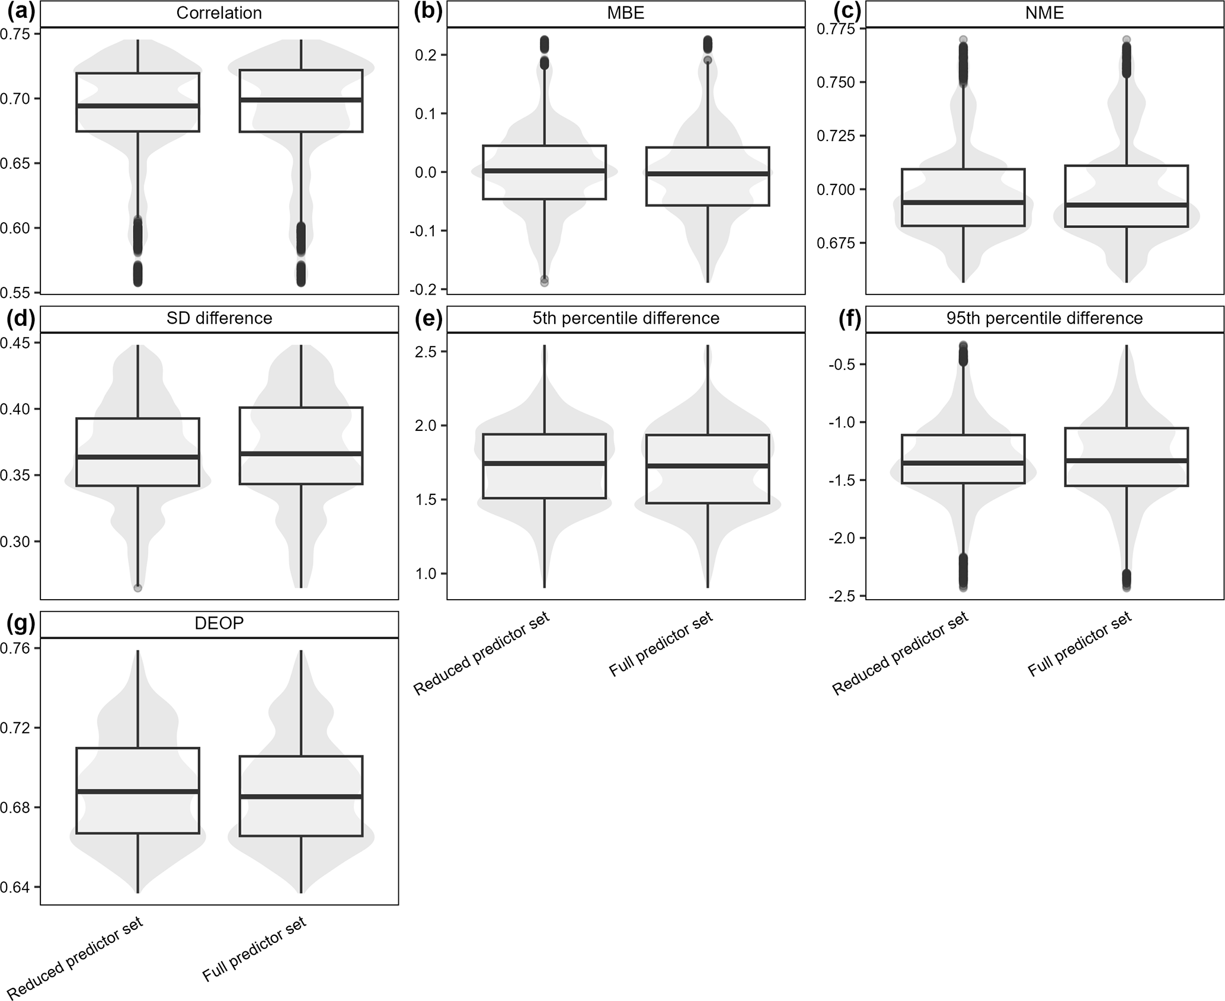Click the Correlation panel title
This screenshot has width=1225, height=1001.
click(x=219, y=13)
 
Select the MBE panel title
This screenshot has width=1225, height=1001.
click(x=626, y=13)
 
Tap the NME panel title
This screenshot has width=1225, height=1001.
click(x=1044, y=13)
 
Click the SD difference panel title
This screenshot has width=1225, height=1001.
click(x=219, y=318)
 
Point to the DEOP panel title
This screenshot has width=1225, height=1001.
click(x=219, y=623)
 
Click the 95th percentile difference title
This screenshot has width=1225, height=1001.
click(x=1044, y=318)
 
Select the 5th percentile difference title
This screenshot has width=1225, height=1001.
click(x=626, y=318)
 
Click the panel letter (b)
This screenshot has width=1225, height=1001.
click(x=428, y=12)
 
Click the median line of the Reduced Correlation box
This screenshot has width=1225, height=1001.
click(x=137, y=106)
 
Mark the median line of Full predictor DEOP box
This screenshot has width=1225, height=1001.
click(x=301, y=796)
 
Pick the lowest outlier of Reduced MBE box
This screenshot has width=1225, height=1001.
click(x=544, y=282)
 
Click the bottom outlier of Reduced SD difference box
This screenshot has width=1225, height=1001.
click(x=137, y=588)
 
